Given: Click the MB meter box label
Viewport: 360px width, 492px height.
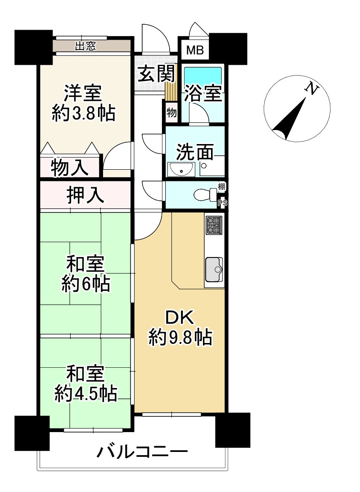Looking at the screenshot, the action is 195,50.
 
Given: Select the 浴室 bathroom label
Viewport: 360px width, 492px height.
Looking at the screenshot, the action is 203,93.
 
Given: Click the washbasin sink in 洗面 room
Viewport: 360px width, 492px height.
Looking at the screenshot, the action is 181,169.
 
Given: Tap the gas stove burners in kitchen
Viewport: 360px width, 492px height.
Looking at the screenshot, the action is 214,225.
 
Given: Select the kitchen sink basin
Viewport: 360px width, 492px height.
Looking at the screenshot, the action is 214,270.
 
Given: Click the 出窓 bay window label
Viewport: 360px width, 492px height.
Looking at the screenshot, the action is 85,46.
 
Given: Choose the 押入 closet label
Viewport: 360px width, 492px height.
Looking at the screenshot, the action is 85,195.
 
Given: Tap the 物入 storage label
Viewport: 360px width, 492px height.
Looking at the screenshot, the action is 69,167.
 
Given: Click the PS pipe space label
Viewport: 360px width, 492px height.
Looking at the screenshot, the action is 223,203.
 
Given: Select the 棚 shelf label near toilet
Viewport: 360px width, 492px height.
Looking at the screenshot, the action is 221,187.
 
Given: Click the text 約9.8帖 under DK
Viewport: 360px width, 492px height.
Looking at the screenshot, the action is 180,338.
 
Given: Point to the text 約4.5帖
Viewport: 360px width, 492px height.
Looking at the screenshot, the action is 86,393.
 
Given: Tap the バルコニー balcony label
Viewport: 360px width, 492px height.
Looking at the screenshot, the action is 142,452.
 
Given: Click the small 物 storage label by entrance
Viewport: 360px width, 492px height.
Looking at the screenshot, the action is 171,113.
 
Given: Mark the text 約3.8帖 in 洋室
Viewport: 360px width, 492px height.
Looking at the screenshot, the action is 83,113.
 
